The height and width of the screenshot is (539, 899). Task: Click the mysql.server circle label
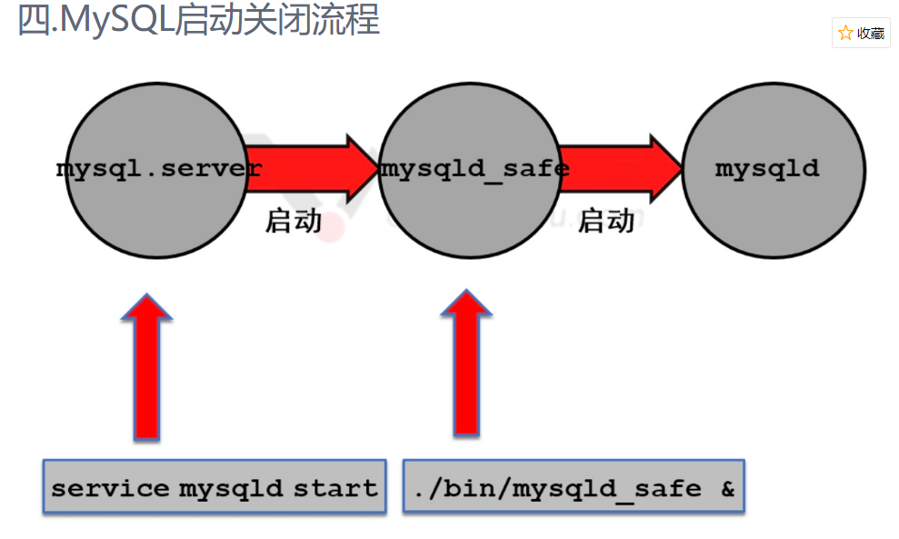[x=158, y=169]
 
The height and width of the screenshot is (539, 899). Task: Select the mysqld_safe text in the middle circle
[x=474, y=169]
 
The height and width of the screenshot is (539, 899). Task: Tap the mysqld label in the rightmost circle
[x=767, y=169]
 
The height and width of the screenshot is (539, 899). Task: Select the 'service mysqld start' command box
[x=215, y=488]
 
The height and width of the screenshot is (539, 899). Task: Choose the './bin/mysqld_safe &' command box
[x=574, y=488]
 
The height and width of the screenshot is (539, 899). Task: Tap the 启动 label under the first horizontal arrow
[x=294, y=221]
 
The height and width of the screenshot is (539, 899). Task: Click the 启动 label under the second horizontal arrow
[x=606, y=221]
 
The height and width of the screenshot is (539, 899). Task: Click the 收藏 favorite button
[x=861, y=34]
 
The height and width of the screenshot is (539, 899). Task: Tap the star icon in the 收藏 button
[x=846, y=34]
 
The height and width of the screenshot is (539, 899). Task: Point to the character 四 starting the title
[x=34, y=20]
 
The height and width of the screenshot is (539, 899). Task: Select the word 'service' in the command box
[x=109, y=489]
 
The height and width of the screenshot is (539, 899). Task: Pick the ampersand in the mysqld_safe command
[x=727, y=489]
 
